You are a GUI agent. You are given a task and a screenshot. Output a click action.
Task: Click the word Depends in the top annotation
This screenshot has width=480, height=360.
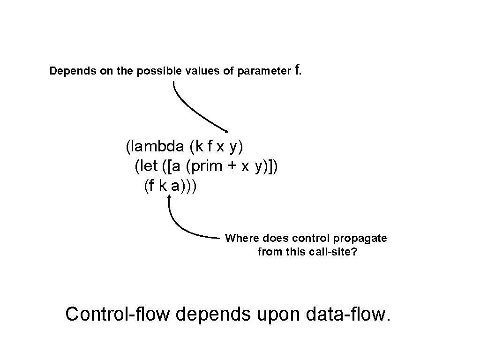click(x=68, y=71)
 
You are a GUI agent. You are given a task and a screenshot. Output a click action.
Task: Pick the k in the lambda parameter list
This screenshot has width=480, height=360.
click(x=200, y=147)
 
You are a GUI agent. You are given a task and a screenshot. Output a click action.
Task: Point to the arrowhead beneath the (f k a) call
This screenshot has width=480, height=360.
click(x=169, y=198)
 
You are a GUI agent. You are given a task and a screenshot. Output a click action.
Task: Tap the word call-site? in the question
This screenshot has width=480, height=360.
click(x=333, y=252)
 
